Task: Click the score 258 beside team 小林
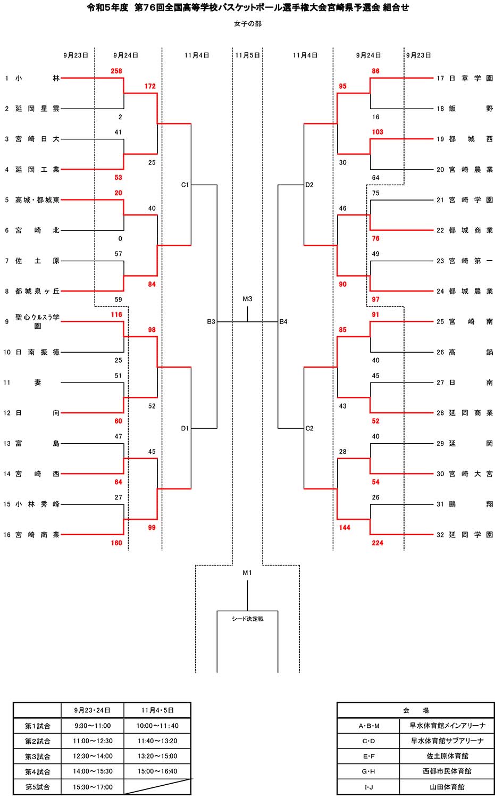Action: point(116,71)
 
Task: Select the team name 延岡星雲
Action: point(37,109)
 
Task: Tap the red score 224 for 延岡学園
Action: point(377,543)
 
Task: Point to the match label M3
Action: point(247,299)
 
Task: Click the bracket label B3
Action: point(211,322)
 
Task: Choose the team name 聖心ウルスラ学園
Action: point(37,321)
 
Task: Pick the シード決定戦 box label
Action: point(247,619)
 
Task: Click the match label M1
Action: point(247,573)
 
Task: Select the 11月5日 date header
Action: point(247,55)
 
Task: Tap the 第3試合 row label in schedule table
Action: point(37,756)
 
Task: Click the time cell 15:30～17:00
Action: point(93,787)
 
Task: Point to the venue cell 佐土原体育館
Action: point(447,756)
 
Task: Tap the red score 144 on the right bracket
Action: point(345,527)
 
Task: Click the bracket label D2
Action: point(309,185)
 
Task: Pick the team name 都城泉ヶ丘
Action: point(37,292)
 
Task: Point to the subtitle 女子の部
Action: point(247,24)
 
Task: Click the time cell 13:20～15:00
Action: point(157,756)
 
